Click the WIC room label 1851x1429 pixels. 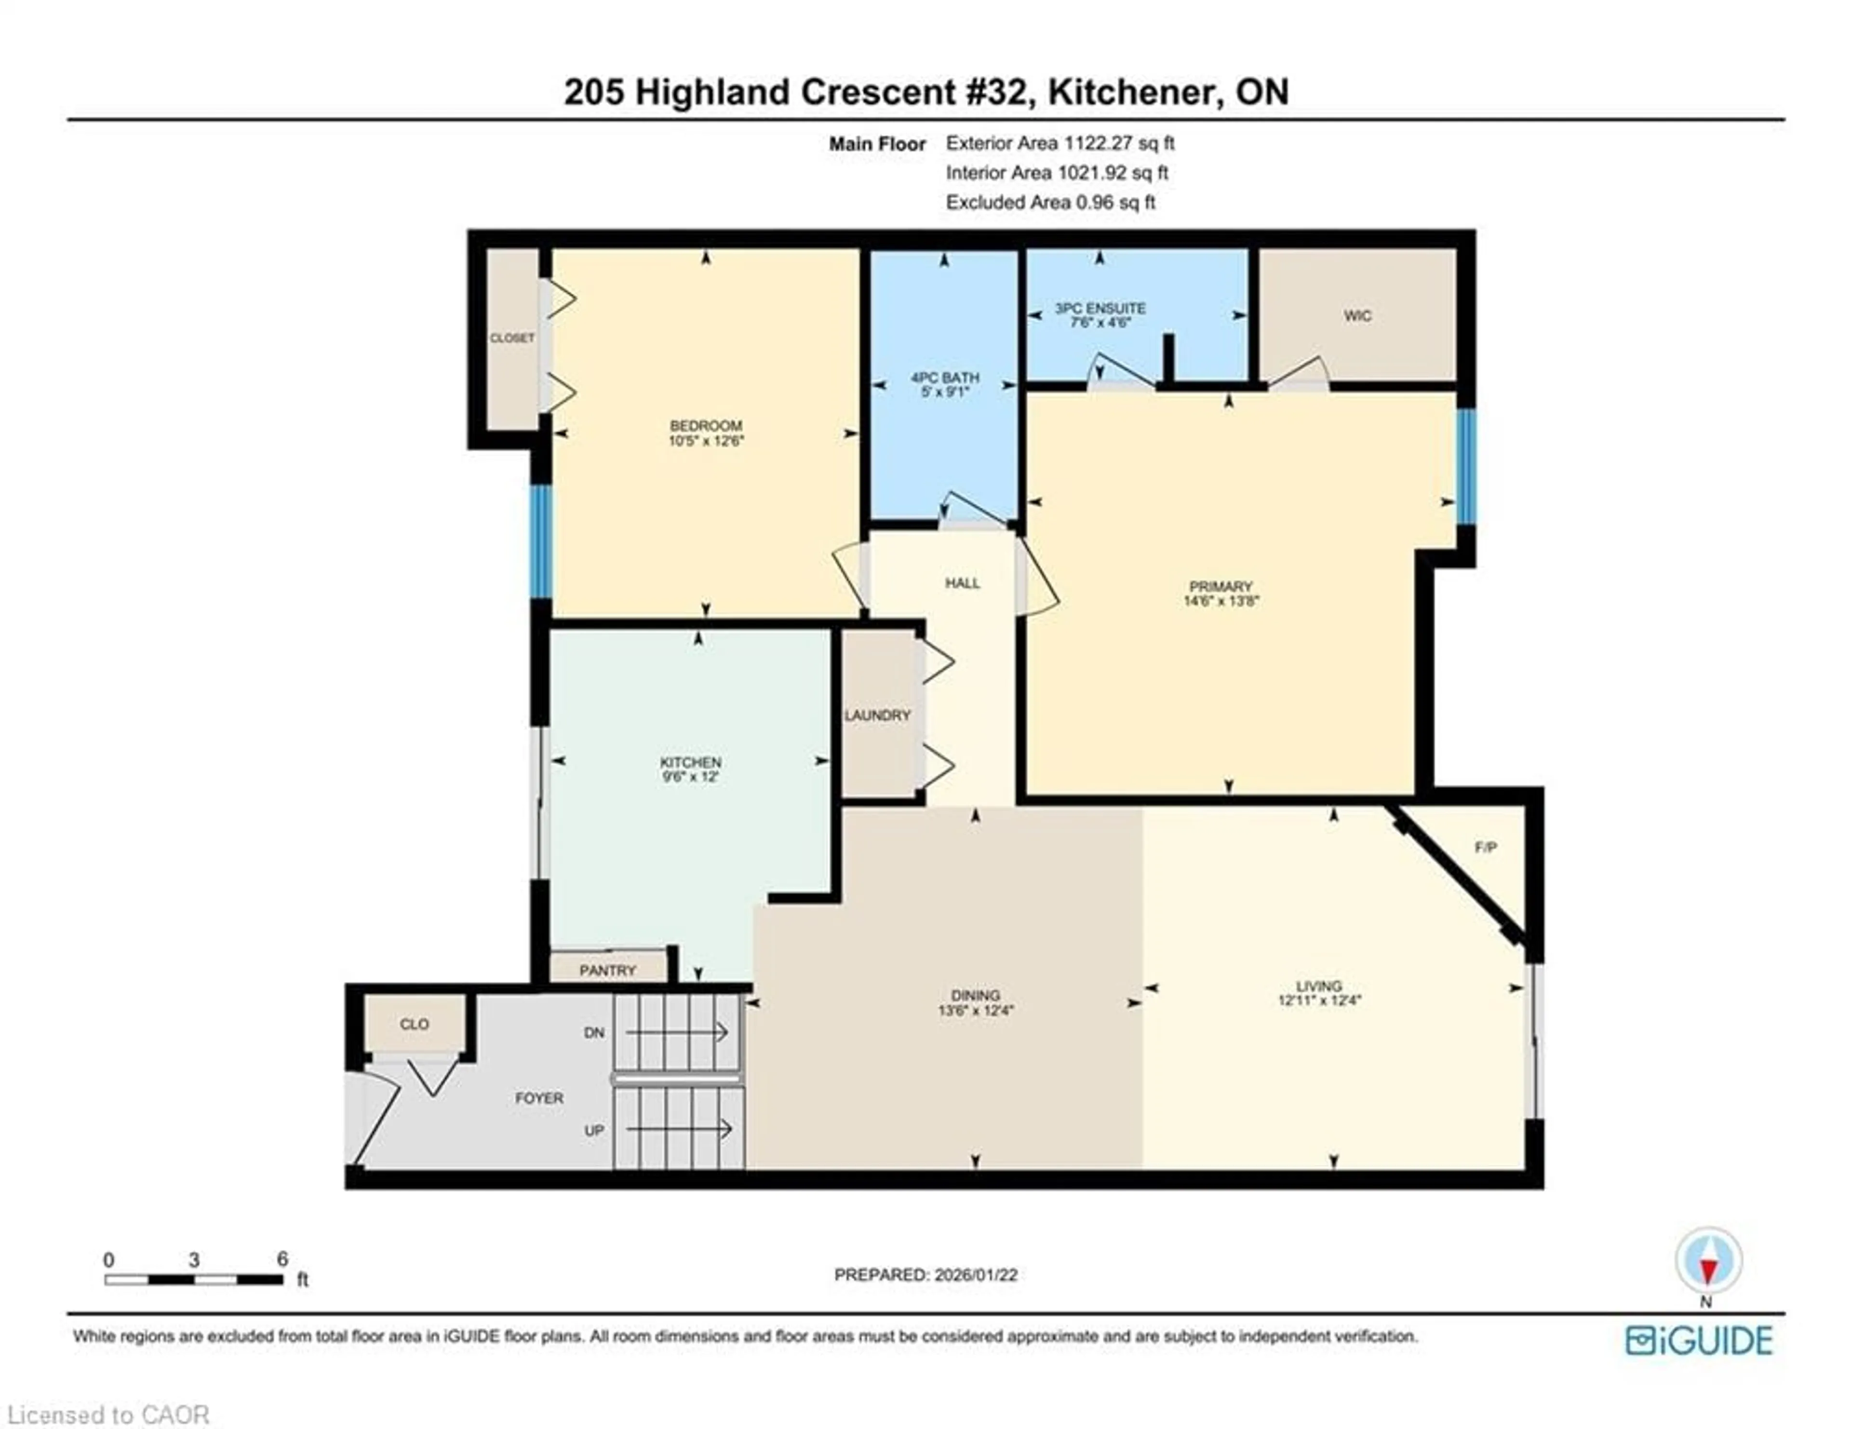[1357, 315]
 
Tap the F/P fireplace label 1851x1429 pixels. [1485, 847]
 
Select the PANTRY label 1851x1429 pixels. [607, 970]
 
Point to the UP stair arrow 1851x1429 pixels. [678, 1129]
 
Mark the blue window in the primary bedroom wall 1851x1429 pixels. [1466, 466]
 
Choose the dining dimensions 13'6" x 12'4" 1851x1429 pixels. [976, 1011]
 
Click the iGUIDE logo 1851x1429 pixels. [1699, 1340]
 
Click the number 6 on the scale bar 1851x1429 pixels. [282, 1259]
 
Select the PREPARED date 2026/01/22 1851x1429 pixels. [975, 1275]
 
